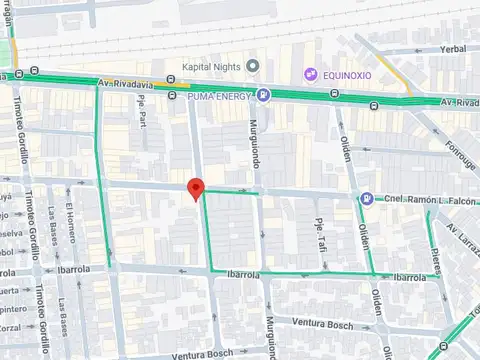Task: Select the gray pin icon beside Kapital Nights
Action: coord(253,67)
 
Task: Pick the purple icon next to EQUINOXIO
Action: coord(311,74)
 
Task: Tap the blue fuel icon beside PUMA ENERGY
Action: coord(262,96)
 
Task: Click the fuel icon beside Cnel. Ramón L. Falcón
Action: coord(367,198)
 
